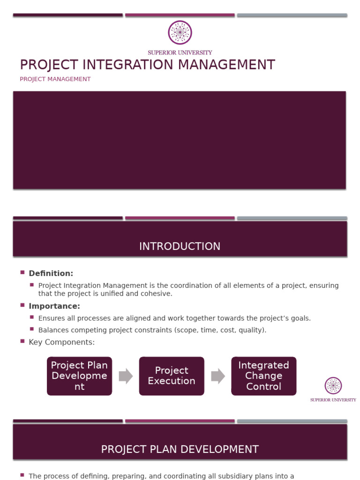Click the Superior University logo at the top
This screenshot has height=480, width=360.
pyautogui.click(x=180, y=33)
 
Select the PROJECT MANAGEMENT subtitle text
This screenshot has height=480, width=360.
pyautogui.click(x=55, y=79)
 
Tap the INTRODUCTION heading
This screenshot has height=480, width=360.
pyautogui.click(x=180, y=247)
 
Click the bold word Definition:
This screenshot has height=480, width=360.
pyautogui.click(x=51, y=273)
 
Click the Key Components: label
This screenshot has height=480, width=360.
pyautogui.click(x=61, y=342)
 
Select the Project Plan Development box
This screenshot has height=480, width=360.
pyautogui.click(x=79, y=376)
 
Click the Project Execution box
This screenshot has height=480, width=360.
pyautogui.click(x=172, y=376)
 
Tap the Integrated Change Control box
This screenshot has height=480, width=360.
pyautogui.click(x=263, y=376)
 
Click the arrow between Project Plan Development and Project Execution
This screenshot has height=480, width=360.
pyautogui.click(x=126, y=376)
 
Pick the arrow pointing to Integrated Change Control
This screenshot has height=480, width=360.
pyautogui.click(x=217, y=376)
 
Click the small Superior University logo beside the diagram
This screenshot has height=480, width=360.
pyautogui.click(x=333, y=386)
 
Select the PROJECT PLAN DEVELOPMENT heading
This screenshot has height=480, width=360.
pyautogui.click(x=180, y=450)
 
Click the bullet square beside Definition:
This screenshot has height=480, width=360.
pyautogui.click(x=22, y=272)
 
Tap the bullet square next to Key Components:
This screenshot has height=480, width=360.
pyautogui.click(x=22, y=341)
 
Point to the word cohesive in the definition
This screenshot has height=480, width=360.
pyautogui.click(x=157, y=294)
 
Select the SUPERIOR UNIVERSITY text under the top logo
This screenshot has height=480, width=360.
pyautogui.click(x=180, y=52)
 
